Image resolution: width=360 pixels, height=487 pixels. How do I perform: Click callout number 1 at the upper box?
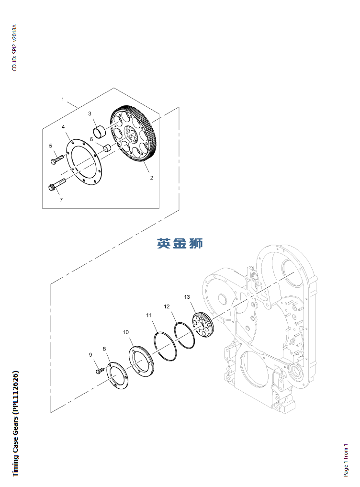coord(62,99)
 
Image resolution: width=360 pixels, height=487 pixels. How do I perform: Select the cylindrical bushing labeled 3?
coord(100,131)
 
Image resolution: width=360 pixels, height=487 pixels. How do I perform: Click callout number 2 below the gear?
coord(152,178)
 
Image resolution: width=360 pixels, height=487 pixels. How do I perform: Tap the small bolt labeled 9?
coord(99,370)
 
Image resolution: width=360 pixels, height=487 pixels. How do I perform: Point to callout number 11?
coord(149,315)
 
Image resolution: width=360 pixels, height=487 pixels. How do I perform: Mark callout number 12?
coord(167,306)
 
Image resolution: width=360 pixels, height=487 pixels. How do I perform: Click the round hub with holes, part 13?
coord(202,324)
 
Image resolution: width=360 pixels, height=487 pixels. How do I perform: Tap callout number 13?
coord(187,297)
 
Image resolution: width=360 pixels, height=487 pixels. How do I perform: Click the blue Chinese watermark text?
coord(180,243)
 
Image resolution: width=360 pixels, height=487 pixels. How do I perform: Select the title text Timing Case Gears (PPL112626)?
coord(16,423)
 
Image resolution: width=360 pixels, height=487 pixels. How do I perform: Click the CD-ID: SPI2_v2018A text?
coord(14,47)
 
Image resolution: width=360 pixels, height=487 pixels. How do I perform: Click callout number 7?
coord(61,200)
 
